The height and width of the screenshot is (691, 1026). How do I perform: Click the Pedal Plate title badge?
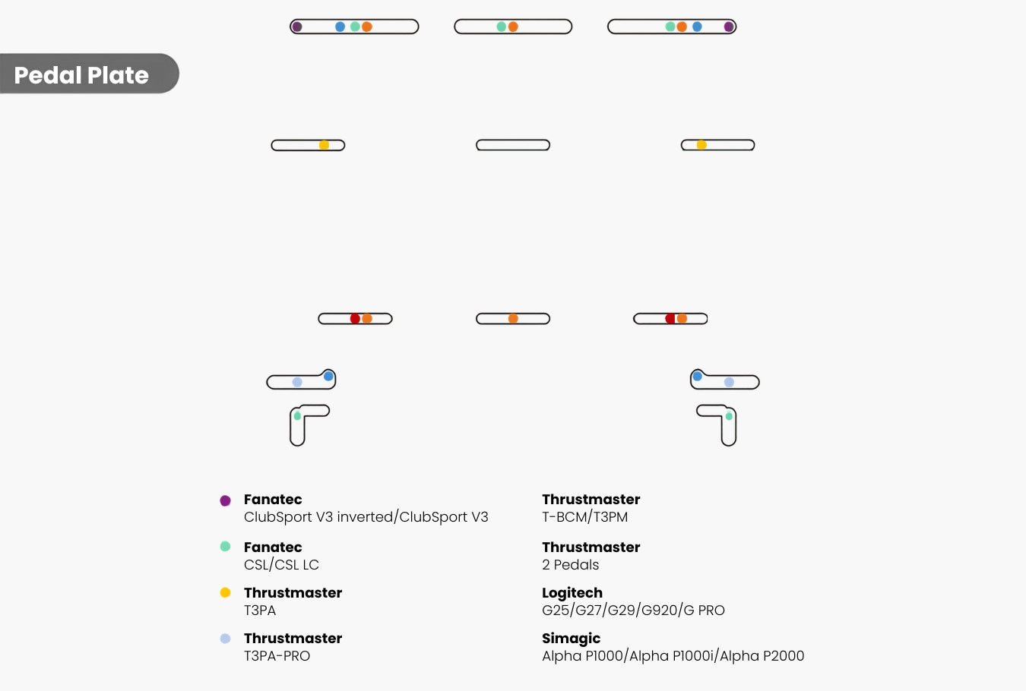[x=90, y=74]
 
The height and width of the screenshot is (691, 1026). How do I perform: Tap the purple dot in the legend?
[x=225, y=500]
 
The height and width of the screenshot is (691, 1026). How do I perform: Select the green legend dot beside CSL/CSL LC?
[x=225, y=547]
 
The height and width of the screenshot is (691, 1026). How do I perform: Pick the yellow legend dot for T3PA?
[x=225, y=592]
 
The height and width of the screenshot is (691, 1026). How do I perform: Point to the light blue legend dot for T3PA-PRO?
[x=225, y=639]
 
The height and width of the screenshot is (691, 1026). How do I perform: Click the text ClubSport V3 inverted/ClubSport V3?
[x=366, y=517]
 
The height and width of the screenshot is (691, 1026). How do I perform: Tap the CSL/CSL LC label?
[x=281, y=565]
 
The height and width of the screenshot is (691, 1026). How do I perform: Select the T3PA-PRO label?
[x=277, y=656]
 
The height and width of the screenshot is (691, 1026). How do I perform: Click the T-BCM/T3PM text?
[x=585, y=517]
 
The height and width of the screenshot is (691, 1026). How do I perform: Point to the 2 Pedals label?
[x=570, y=565]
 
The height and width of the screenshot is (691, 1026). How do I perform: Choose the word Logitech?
[x=572, y=593]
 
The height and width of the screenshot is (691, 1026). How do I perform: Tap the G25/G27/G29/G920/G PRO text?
[x=633, y=610]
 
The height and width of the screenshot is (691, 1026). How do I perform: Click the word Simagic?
[x=572, y=639]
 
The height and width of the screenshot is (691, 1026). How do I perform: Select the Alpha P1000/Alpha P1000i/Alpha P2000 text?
[x=673, y=656]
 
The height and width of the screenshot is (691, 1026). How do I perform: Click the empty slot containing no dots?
[x=513, y=145]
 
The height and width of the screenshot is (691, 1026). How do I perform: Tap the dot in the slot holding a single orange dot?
[x=513, y=318]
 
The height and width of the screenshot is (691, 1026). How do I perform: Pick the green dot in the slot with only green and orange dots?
[x=502, y=27]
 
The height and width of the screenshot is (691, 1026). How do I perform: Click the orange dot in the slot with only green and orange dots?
[x=513, y=27]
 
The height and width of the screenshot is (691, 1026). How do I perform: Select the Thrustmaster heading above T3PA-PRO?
[x=293, y=639]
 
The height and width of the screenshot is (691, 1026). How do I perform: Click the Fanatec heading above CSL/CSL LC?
[x=273, y=547]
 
